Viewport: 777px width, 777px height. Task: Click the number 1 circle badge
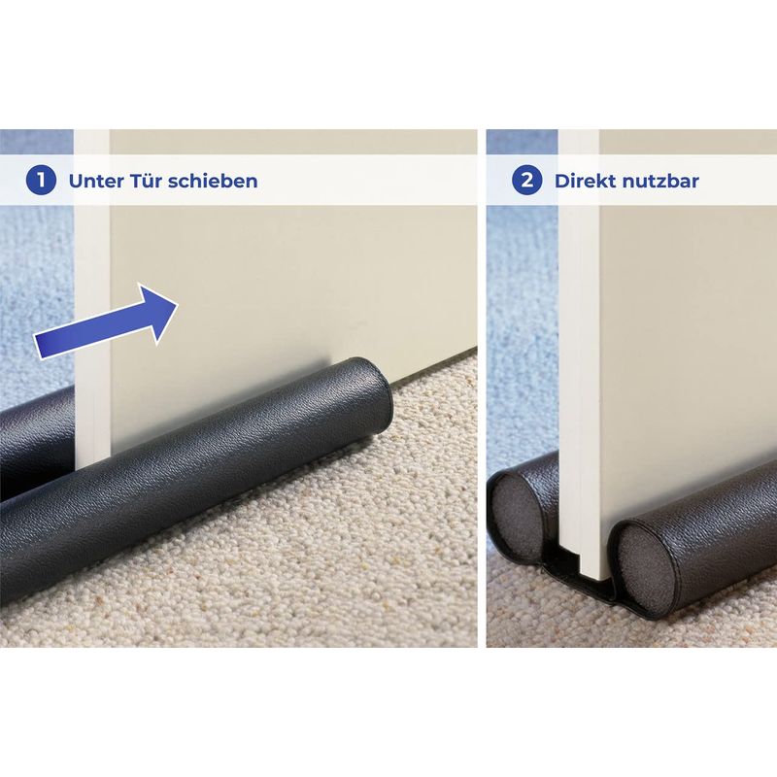pyautogui.click(x=41, y=181)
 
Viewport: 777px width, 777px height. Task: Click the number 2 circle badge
pyautogui.click(x=526, y=181)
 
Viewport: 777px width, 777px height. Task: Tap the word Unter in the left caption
pyautogui.click(x=96, y=181)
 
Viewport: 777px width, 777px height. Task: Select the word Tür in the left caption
pyautogui.click(x=147, y=181)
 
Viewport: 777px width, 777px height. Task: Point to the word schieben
pyautogui.click(x=213, y=181)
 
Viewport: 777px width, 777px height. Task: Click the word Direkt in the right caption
pyautogui.click(x=586, y=181)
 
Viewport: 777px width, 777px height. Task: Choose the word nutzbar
pyautogui.click(x=660, y=181)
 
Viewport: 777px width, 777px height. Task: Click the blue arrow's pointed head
pyautogui.click(x=178, y=304)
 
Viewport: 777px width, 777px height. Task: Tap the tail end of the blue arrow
pyautogui.click(x=38, y=347)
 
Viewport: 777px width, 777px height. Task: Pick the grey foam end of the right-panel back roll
pyautogui.click(x=512, y=516)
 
